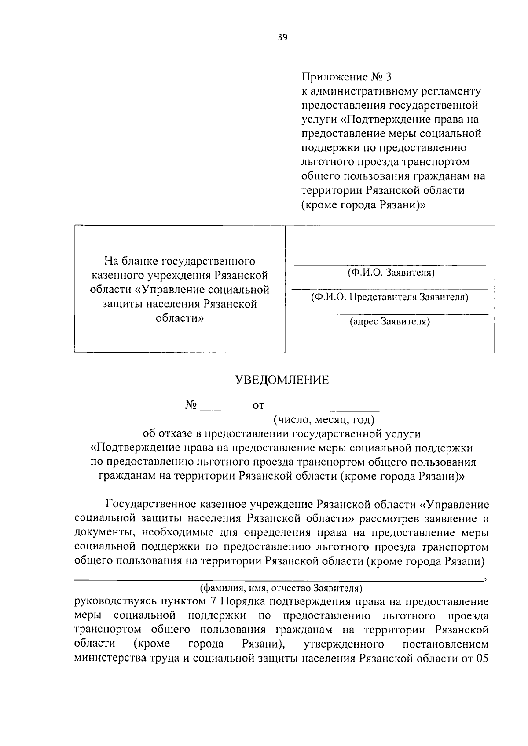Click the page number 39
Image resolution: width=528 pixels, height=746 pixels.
pos(282,38)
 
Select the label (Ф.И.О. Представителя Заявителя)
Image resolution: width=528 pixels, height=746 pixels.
pos(390,297)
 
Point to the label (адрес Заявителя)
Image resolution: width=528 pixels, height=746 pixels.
pos(390,322)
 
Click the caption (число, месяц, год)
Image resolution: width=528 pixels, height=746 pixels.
pos(324,419)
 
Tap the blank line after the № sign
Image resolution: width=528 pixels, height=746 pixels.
pos(225,409)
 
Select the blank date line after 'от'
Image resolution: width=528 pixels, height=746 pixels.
pos(323,409)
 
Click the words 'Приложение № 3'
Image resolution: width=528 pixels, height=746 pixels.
pos(346,77)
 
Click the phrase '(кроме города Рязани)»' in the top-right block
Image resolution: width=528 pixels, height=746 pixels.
pos(363,205)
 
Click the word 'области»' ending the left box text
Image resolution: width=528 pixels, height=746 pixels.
pos(180,318)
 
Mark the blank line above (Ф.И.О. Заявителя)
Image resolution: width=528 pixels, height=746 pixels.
pos(390,265)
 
